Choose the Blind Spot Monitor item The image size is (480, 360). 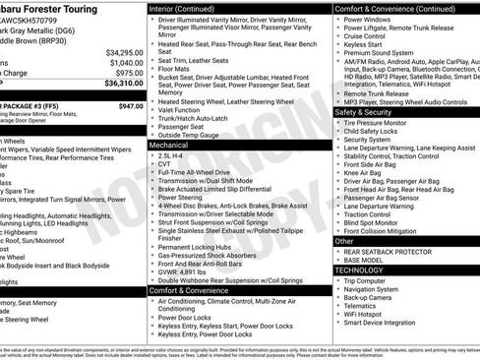coord(377,221)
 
